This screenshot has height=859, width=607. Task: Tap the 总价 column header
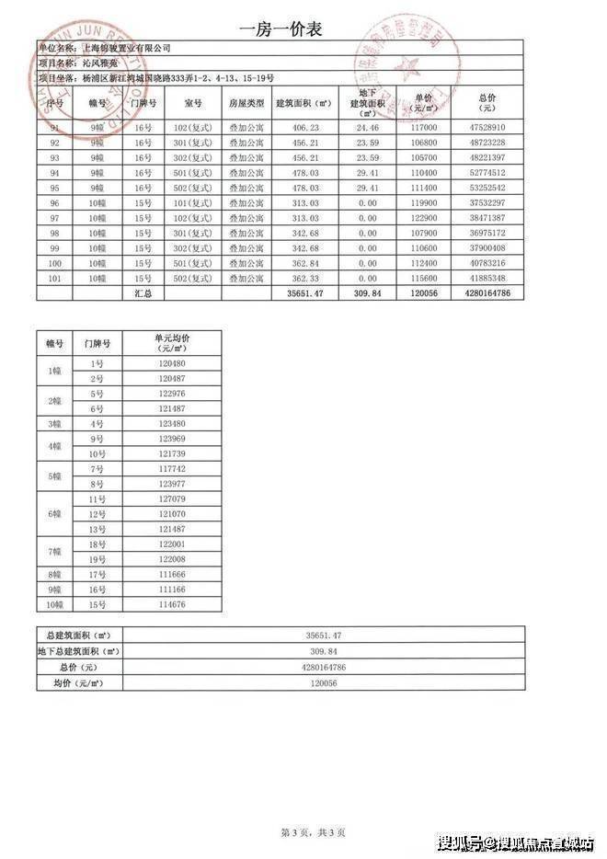[x=488, y=101]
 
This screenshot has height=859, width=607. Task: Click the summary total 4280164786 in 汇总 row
[x=487, y=293]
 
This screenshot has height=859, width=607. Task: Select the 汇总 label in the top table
[x=143, y=293]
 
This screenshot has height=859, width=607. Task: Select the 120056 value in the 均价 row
[x=324, y=682]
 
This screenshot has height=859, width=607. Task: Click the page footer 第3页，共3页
[x=313, y=832]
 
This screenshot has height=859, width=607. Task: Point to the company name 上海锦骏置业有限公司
[x=126, y=48]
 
